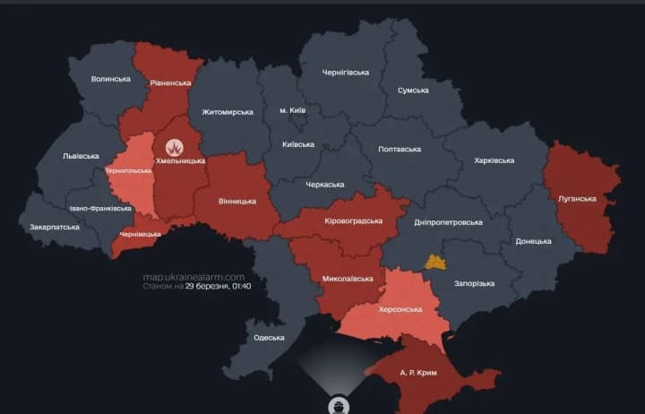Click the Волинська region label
[x=110, y=79]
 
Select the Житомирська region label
[x=228, y=112]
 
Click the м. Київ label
[x=293, y=109]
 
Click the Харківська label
[x=494, y=160]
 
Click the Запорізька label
[x=474, y=283]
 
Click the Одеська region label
[x=269, y=338]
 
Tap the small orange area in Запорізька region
[x=435, y=262]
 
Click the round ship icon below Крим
[x=340, y=404]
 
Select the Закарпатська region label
[x=52, y=228]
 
